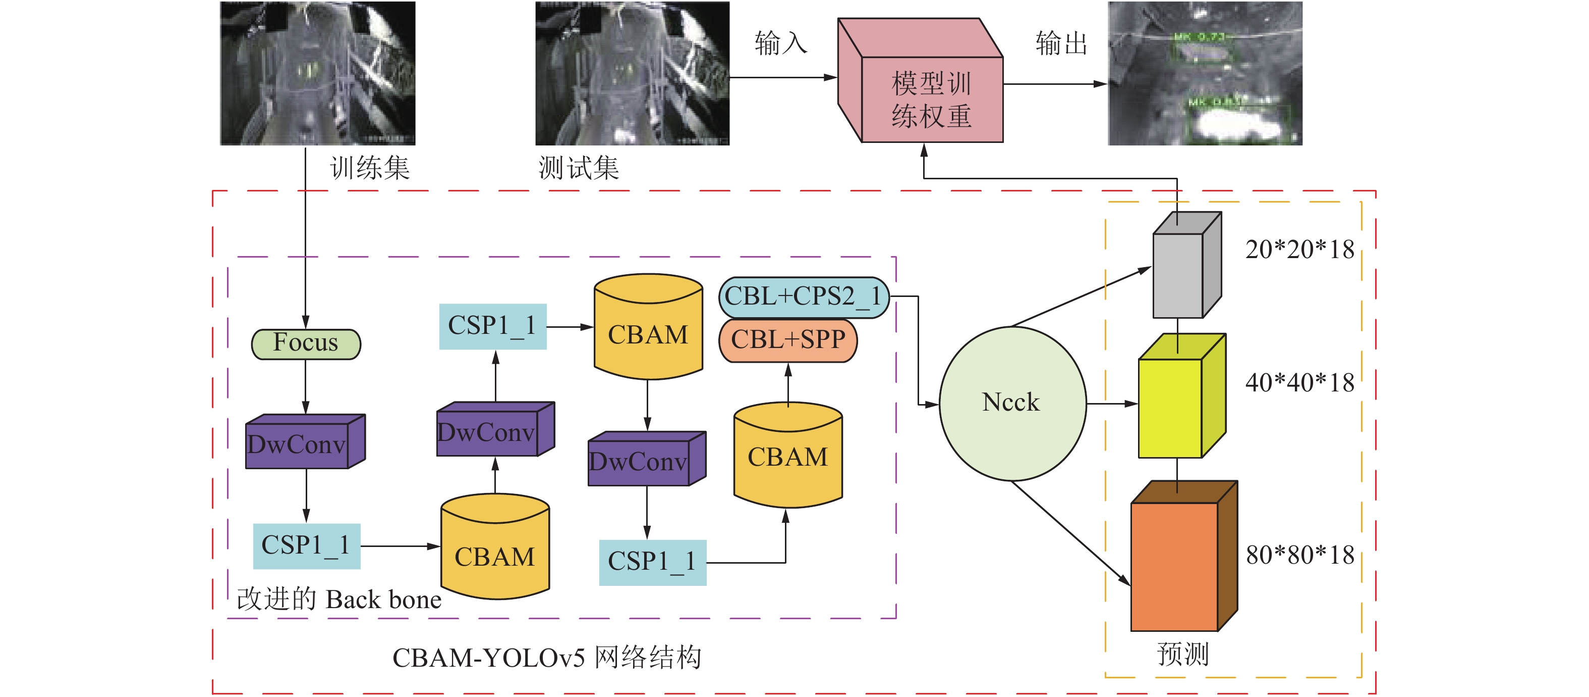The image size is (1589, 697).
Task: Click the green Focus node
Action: click(x=306, y=344)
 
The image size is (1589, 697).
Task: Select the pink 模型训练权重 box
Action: click(x=931, y=99)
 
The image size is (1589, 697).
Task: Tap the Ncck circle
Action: click(x=1011, y=403)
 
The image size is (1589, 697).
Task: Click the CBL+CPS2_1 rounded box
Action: click(x=803, y=297)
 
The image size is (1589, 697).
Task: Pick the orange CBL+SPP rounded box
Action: click(x=788, y=339)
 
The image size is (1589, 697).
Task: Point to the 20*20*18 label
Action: click(x=1299, y=250)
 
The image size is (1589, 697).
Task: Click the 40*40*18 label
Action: click(x=1299, y=383)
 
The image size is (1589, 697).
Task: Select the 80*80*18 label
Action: click(x=1299, y=555)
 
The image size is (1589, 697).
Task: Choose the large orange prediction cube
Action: click(x=1174, y=565)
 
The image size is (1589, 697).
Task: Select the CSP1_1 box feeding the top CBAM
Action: click(x=492, y=326)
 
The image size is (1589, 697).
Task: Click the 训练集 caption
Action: click(x=369, y=168)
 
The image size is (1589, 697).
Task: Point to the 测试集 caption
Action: click(x=578, y=168)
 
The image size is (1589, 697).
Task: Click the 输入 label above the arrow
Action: click(x=780, y=43)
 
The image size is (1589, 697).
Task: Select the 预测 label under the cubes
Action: click(x=1182, y=654)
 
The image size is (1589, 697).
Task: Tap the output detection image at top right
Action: click(x=1205, y=73)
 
